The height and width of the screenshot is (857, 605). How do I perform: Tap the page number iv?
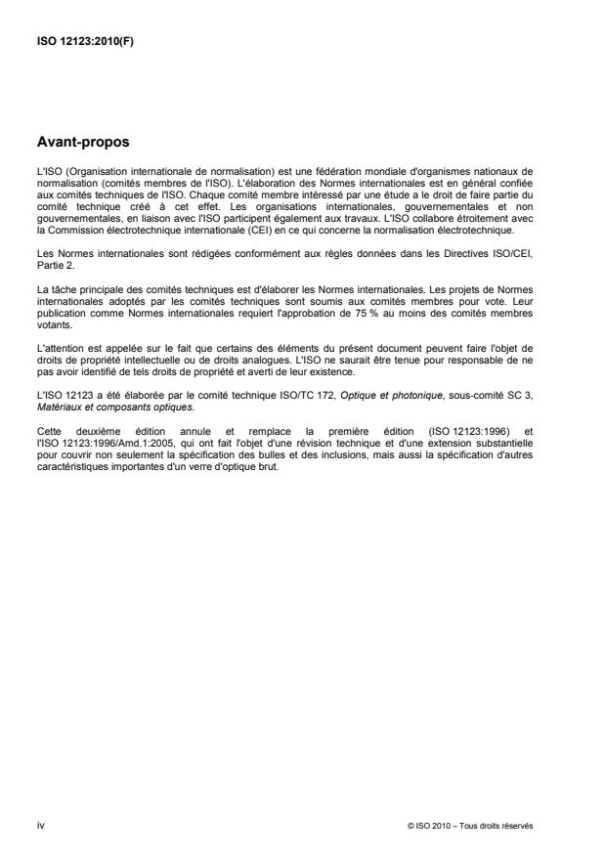coord(39,825)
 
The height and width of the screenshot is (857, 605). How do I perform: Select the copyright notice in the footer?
coord(470,826)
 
